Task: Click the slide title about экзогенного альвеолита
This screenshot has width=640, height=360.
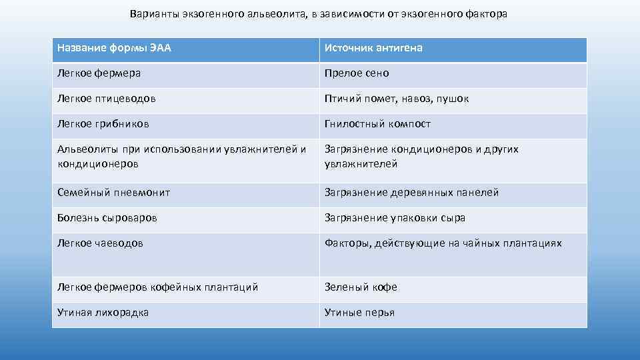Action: pyautogui.click(x=319, y=14)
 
